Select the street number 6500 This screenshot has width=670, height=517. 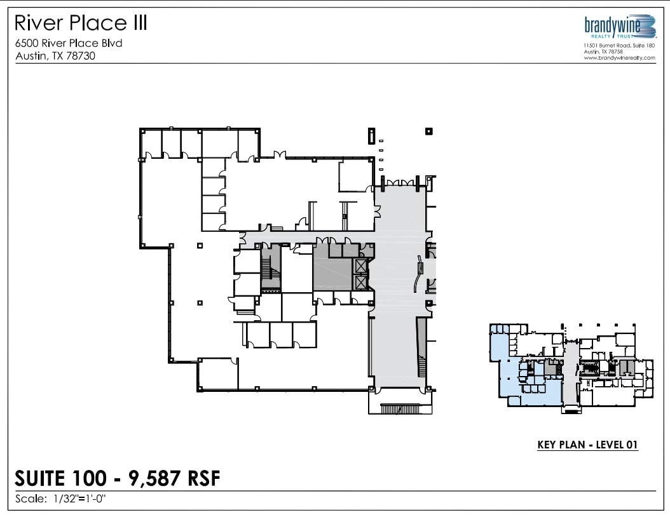28,43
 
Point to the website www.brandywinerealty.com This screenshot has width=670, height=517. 619,58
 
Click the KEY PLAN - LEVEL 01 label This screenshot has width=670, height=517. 587,445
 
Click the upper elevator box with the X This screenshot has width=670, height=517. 361,266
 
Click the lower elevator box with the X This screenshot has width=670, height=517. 361,281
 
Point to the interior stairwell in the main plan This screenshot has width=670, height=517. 270,270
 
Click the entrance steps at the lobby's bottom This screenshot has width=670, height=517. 400,409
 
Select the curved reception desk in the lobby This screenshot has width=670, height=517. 419,273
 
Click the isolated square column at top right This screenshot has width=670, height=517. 429,131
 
